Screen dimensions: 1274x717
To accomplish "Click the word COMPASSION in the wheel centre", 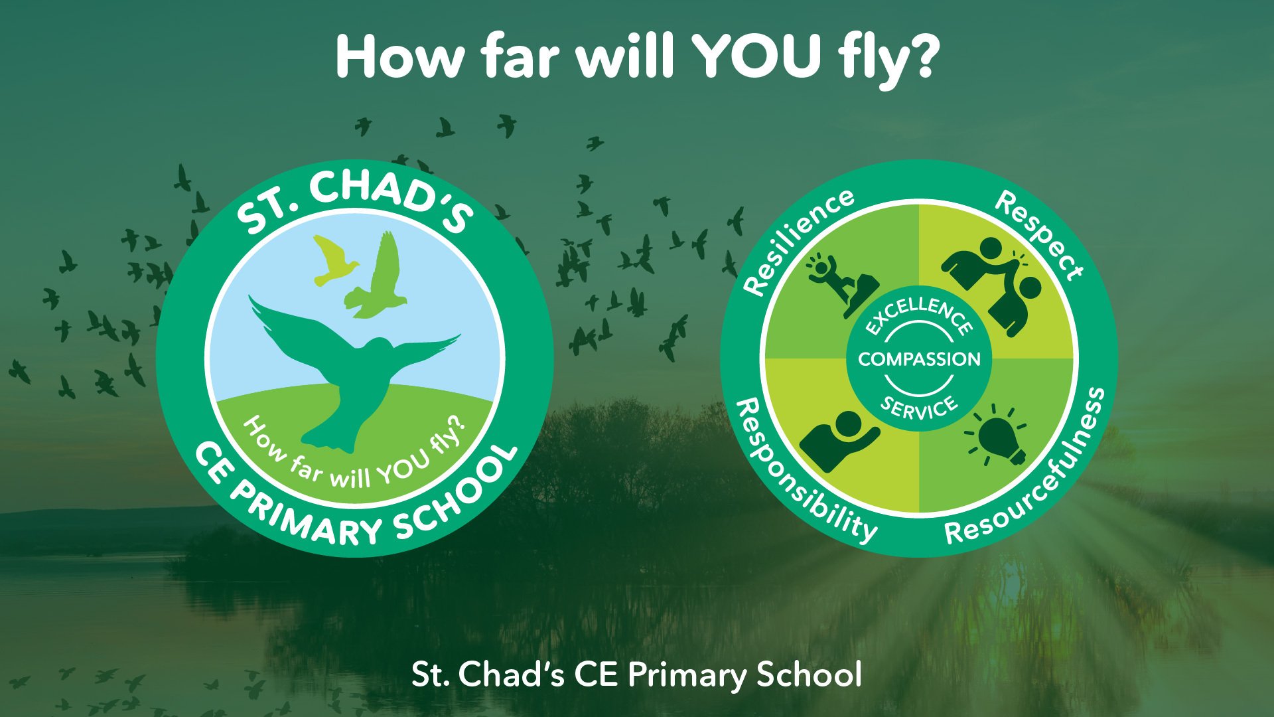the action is [919, 359].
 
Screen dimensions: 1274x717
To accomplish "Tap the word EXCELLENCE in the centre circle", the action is [919, 314].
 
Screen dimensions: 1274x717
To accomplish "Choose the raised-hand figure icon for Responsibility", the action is [838, 440].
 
